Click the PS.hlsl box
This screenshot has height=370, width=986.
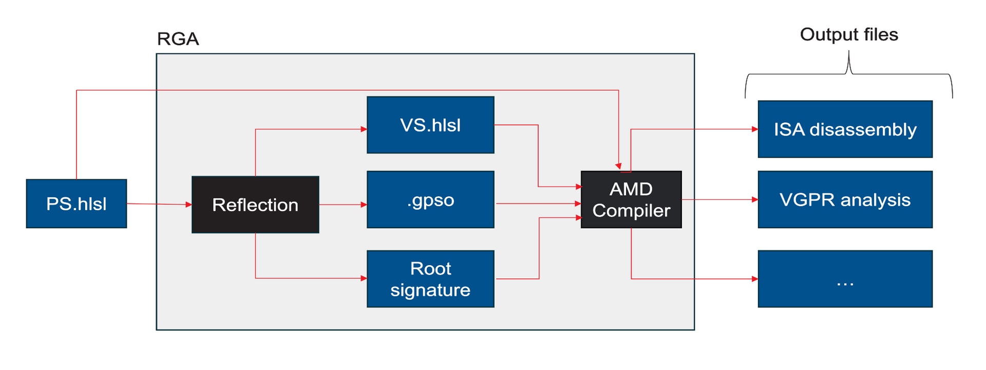coord(76,203)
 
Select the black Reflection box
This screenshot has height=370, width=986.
coord(255,205)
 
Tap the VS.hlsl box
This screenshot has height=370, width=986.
coord(430,125)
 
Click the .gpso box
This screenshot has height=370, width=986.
coord(430,199)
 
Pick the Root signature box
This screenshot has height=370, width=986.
coord(430,279)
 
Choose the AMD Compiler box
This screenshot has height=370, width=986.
coord(631,199)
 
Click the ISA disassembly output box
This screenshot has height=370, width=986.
coord(845,129)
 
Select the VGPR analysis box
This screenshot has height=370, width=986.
coord(845,199)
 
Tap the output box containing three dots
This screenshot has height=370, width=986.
coord(845,279)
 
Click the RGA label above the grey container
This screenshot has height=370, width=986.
coord(178,39)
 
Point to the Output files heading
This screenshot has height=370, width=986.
coord(848,34)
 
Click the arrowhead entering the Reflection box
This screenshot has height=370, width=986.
coord(188,205)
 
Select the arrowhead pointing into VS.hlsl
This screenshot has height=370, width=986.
coord(364,129)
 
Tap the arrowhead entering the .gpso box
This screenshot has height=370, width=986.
coord(364,205)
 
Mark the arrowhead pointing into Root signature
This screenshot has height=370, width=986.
coord(364,278)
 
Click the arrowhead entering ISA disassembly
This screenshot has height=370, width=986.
coord(755,129)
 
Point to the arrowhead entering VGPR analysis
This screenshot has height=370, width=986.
coord(755,199)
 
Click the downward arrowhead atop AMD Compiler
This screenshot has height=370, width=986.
coord(618,166)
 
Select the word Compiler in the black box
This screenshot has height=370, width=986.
coord(631,211)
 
